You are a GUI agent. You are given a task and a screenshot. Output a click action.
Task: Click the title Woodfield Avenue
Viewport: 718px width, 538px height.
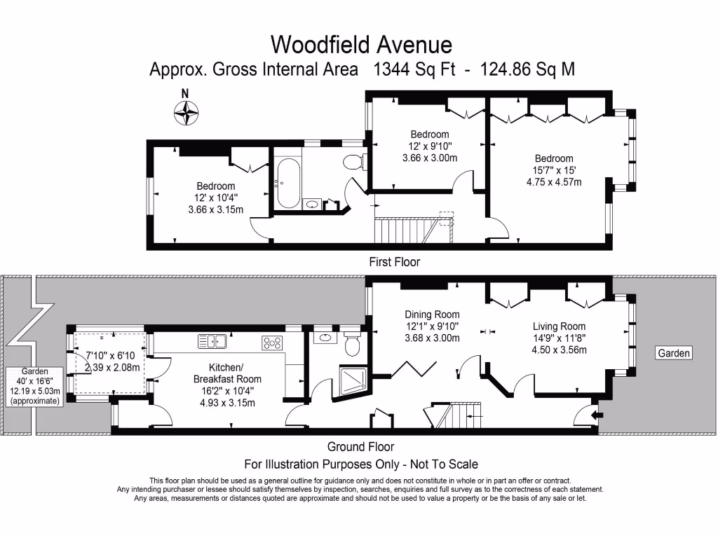(361, 44)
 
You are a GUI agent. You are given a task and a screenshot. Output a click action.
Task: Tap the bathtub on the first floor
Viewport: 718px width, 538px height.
(287, 184)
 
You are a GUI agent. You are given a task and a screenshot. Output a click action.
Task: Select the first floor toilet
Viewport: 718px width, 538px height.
(354, 162)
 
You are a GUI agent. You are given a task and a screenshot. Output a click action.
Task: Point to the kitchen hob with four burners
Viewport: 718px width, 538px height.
(272, 343)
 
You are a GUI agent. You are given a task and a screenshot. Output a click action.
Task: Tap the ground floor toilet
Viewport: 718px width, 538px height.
(352, 345)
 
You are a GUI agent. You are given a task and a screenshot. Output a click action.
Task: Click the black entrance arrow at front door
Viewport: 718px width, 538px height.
(596, 415)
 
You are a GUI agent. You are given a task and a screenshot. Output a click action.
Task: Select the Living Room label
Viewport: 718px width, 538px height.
(559, 326)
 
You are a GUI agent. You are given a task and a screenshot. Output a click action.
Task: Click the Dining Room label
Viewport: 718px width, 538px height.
(432, 315)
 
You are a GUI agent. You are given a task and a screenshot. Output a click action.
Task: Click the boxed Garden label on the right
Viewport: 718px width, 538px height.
(673, 353)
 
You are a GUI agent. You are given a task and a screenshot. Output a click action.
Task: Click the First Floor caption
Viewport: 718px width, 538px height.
(394, 262)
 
